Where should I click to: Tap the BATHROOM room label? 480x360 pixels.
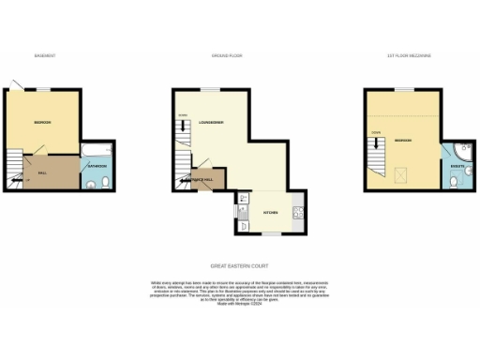click(97, 166)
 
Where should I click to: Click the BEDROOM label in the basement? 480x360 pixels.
click(42, 123)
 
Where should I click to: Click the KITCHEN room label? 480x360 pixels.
click(270, 213)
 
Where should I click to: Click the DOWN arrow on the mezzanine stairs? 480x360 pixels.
click(376, 134)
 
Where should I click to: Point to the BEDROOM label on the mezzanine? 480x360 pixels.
click(405, 140)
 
